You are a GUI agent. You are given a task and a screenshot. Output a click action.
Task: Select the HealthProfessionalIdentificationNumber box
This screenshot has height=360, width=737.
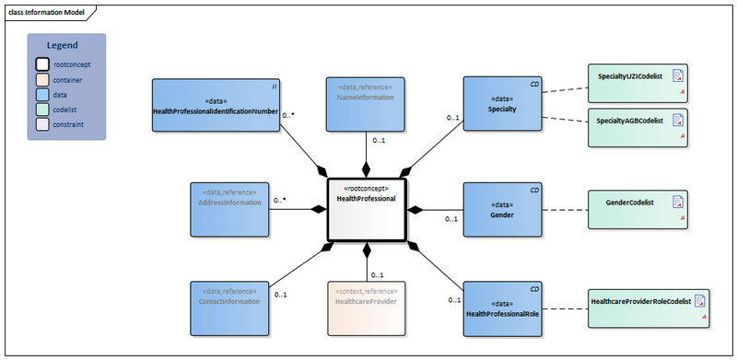[216, 106]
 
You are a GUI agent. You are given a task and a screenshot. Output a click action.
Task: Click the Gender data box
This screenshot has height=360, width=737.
[502, 210]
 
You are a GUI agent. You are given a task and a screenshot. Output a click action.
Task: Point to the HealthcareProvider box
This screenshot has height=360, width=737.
[366, 308]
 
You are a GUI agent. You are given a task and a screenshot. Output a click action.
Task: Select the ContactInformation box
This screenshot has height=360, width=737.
[228, 308]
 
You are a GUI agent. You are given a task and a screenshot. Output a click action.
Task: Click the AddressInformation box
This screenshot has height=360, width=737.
[228, 208]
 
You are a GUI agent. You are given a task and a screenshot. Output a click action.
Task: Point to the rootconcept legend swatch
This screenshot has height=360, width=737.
[42, 64]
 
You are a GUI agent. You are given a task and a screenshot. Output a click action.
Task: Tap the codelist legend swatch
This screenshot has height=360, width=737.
[42, 109]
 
